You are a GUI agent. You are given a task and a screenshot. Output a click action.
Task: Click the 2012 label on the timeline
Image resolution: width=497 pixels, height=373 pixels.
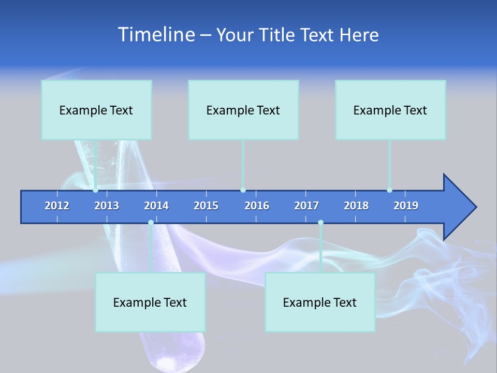pyautogui.click(x=57, y=206)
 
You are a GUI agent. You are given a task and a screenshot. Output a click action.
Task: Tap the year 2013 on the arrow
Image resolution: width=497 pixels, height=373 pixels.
pyautogui.click(x=107, y=206)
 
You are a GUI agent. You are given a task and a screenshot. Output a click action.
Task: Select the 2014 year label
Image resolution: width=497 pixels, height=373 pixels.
pyautogui.click(x=156, y=206)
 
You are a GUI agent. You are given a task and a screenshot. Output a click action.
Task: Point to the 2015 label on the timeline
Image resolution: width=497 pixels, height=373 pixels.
pyautogui.click(x=206, y=206)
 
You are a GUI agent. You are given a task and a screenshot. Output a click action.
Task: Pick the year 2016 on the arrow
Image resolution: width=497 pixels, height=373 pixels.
pyautogui.click(x=257, y=206)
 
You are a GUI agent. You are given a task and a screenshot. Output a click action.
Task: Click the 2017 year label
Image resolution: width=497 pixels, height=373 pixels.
pyautogui.click(x=306, y=206)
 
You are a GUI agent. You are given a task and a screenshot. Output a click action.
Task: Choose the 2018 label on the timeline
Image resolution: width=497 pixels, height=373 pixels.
pyautogui.click(x=356, y=206)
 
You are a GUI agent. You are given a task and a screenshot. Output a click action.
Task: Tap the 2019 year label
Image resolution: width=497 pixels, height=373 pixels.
pyautogui.click(x=406, y=206)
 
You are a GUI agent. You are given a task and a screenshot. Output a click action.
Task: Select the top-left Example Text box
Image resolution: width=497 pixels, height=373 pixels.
pyautogui.click(x=96, y=110)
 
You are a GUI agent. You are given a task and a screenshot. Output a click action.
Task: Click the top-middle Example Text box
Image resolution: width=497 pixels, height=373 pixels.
pyautogui.click(x=243, y=110)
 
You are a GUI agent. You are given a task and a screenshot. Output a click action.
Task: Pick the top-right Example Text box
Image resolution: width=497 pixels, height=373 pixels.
pyautogui.click(x=390, y=110)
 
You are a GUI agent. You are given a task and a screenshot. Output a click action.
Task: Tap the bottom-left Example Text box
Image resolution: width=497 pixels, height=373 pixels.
pyautogui.click(x=150, y=302)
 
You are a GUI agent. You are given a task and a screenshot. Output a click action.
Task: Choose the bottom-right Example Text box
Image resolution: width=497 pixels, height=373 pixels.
pyautogui.click(x=320, y=302)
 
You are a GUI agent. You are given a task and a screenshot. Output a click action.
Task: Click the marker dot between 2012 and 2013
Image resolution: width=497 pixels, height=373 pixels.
pyautogui.click(x=96, y=190)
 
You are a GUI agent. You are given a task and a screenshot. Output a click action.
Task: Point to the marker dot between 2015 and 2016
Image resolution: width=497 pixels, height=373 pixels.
pyautogui.click(x=243, y=190)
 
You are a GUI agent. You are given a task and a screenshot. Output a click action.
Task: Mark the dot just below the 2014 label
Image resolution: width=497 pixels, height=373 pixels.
pyautogui.click(x=151, y=223)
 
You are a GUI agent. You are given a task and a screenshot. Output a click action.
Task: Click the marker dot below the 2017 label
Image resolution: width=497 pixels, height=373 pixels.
pyautogui.click(x=320, y=223)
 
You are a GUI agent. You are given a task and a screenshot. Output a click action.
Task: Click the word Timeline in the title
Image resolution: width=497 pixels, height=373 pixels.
pyautogui.click(x=156, y=35)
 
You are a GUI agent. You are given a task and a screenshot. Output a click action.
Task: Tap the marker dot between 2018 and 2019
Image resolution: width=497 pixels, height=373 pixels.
pyautogui.click(x=389, y=190)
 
